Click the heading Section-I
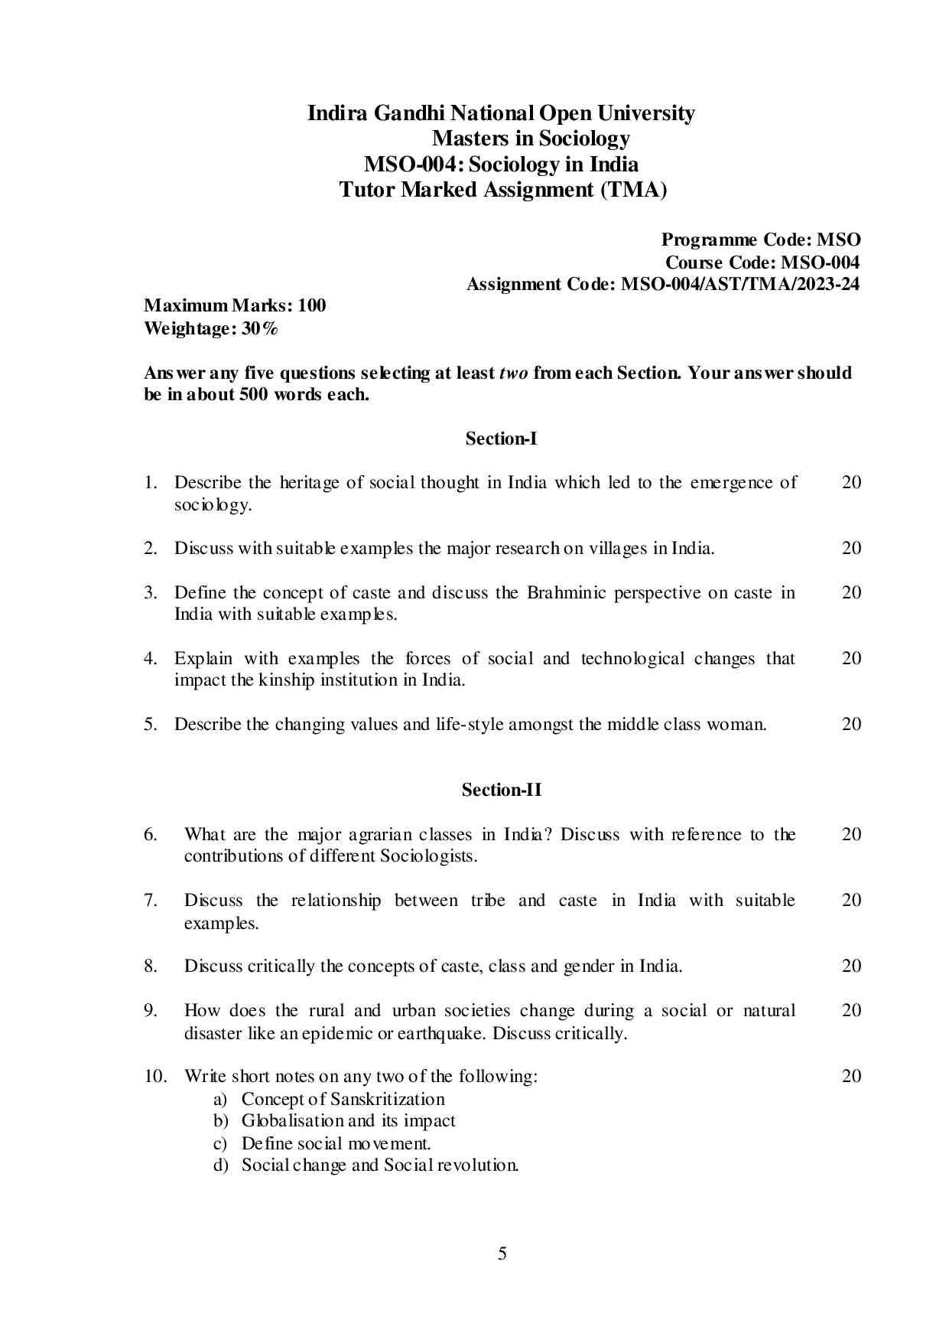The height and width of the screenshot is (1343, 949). coord(501,438)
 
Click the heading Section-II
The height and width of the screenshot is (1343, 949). coord(501,790)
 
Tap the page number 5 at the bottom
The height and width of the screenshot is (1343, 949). coord(502,1253)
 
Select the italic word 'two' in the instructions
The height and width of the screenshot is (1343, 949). coord(513,373)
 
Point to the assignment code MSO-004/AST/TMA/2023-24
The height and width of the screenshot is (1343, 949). coord(739,285)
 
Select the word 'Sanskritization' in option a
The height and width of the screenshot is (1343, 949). coord(387,1099)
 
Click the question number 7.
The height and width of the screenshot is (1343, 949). coord(151,900)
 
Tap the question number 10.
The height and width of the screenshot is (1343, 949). coord(155,1076)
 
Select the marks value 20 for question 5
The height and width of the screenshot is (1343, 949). coord(851,724)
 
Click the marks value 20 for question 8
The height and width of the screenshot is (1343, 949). coord(851,966)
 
